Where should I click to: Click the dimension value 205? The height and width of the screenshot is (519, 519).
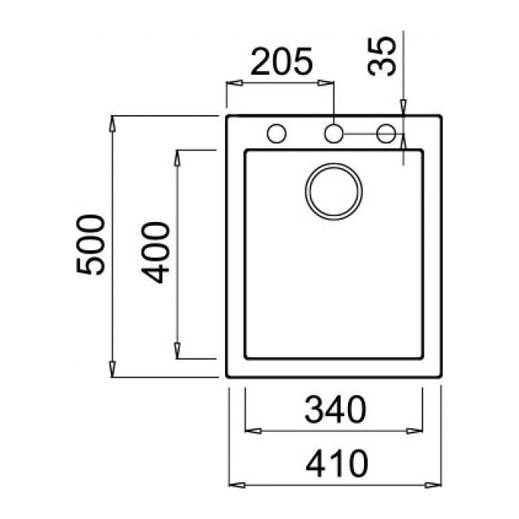282,62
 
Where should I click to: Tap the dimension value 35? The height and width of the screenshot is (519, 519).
382,56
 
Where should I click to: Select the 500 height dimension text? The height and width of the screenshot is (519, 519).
91,244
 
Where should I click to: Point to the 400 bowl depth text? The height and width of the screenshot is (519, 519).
156,253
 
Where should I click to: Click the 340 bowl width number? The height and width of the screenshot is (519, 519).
335,409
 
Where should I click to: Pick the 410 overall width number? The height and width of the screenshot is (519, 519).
337,464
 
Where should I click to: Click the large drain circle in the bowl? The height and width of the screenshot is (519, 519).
334,192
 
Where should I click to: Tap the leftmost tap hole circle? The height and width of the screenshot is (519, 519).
277,134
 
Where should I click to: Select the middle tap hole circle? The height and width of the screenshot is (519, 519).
334,134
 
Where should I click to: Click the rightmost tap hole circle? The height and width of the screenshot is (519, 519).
386,134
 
